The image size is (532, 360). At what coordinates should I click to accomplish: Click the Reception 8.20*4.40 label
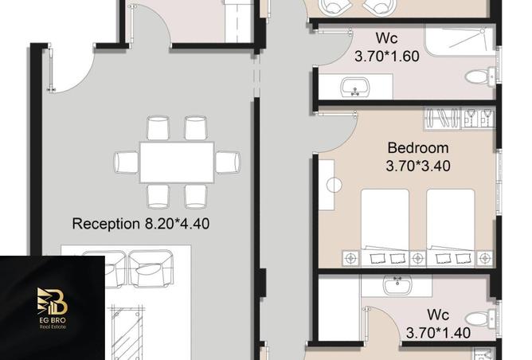pyautogui.click(x=140, y=224)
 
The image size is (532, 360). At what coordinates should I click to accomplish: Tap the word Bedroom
pyautogui.click(x=417, y=148)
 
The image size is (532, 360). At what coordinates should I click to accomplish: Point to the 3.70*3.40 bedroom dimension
pyautogui.click(x=417, y=166)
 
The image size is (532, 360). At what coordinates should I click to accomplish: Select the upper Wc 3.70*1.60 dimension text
pyautogui.click(x=386, y=57)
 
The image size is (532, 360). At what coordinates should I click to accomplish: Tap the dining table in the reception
pyautogui.click(x=177, y=162)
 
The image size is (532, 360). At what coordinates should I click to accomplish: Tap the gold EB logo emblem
pyautogui.click(x=53, y=302)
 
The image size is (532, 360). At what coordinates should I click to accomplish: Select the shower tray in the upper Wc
pyautogui.click(x=454, y=40)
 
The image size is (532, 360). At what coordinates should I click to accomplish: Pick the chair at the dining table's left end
pyautogui.click(x=127, y=162)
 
